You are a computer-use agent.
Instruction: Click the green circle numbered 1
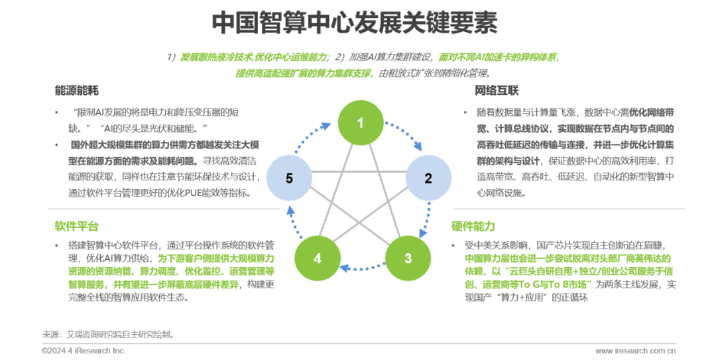click(360, 123)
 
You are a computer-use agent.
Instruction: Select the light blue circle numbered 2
click(428, 178)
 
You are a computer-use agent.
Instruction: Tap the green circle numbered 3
click(408, 258)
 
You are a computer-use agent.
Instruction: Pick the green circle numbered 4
click(318, 258)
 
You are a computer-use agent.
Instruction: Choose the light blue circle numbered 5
click(289, 178)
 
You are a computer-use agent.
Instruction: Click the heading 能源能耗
click(77, 90)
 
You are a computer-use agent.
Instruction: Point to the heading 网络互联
click(497, 90)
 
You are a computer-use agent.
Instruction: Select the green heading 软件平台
click(77, 226)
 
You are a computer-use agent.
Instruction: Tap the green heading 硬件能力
click(473, 226)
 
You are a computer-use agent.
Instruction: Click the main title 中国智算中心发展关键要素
click(355, 23)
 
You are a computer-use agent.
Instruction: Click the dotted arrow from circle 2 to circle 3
click(426, 219)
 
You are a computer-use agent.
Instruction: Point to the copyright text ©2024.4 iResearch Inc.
click(84, 351)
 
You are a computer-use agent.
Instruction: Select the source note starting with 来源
click(109, 334)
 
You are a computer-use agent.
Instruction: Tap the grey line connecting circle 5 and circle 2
click(359, 172)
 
